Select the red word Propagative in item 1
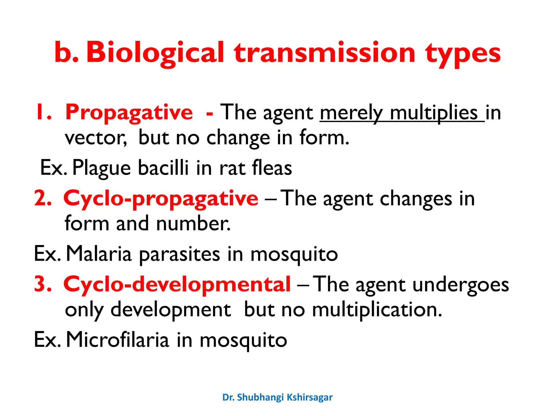[129, 112]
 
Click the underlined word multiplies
[434, 112]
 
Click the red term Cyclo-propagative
[161, 199]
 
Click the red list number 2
[42, 199]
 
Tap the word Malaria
[99, 254]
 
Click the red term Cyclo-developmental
[177, 284]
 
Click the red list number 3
[42, 284]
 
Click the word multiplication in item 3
[377, 310]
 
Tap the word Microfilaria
[118, 340]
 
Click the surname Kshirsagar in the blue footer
[309, 397]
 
